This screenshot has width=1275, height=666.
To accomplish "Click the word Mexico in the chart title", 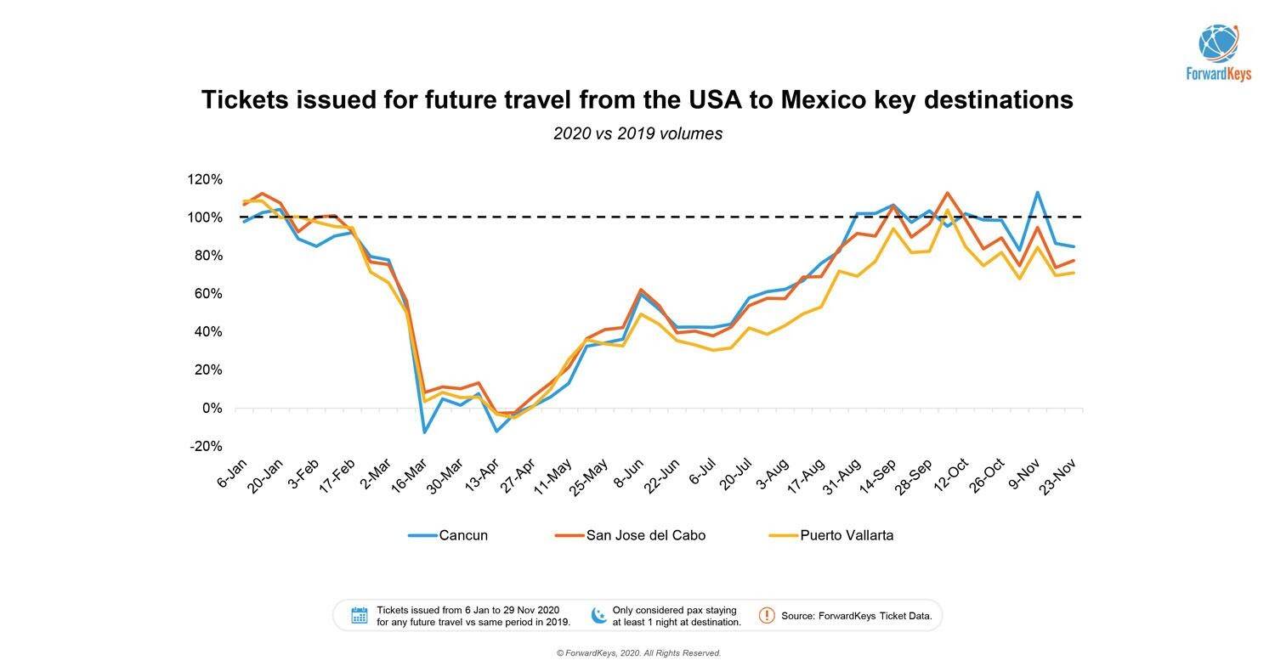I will (x=823, y=99).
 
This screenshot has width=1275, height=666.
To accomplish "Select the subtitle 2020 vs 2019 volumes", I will (x=637, y=133).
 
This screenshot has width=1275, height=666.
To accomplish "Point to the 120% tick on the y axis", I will (x=205, y=179).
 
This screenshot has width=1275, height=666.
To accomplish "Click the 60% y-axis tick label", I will (x=205, y=294).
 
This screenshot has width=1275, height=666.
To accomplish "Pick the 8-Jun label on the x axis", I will (x=630, y=472).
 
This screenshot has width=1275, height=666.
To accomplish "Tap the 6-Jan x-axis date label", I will (x=231, y=473).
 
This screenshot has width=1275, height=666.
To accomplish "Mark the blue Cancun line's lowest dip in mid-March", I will (x=423, y=432).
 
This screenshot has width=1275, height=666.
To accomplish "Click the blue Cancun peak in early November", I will (x=1038, y=192).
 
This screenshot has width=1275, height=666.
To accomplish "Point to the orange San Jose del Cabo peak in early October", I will (x=947, y=193).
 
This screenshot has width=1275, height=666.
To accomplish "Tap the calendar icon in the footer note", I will (x=360, y=616).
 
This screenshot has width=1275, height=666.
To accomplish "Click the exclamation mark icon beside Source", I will (x=767, y=615).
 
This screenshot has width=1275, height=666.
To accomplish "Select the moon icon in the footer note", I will (x=599, y=616).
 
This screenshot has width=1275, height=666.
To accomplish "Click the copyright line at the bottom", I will (x=638, y=653).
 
